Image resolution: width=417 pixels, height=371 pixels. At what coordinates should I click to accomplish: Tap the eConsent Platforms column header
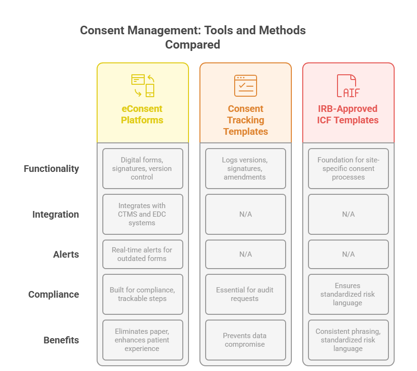tap(142, 114)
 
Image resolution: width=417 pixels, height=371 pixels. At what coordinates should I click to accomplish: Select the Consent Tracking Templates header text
tap(246, 120)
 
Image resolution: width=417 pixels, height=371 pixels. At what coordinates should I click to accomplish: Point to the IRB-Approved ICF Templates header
tap(348, 114)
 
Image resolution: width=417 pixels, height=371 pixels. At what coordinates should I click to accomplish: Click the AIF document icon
tap(348, 86)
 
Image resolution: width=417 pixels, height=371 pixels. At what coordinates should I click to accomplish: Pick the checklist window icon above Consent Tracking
tap(246, 86)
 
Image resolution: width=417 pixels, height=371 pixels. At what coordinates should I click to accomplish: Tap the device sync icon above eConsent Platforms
tap(142, 86)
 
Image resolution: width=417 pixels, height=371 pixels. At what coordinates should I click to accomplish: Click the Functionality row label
tap(51, 169)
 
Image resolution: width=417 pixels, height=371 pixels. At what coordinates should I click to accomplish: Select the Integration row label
tap(56, 214)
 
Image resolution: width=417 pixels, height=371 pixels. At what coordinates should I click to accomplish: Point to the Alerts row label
tap(66, 254)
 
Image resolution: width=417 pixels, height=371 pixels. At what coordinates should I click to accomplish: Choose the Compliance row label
tap(53, 294)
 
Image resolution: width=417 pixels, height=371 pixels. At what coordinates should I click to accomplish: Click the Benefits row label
tap(61, 340)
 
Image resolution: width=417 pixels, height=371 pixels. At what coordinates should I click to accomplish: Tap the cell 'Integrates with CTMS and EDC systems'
tap(142, 214)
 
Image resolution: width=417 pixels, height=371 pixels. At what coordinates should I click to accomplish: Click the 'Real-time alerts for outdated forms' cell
tap(142, 254)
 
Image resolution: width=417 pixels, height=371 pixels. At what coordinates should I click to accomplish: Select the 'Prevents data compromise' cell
tap(246, 340)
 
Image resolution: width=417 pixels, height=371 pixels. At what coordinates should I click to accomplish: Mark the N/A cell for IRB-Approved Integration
tap(348, 214)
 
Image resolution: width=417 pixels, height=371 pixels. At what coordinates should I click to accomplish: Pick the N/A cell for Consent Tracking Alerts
tap(246, 254)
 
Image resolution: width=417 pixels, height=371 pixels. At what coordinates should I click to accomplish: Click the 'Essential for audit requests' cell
tap(246, 294)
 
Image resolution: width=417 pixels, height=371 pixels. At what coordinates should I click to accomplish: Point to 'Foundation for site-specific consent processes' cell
tap(348, 169)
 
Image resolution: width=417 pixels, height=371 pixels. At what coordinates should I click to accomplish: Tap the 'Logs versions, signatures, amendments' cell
tap(246, 169)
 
